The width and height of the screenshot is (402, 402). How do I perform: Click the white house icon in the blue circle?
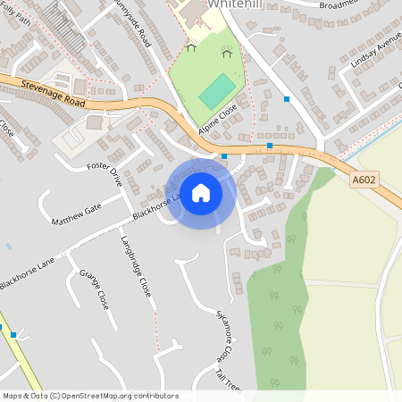tap(201, 192)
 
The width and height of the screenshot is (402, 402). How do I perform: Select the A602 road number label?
tap(362, 180)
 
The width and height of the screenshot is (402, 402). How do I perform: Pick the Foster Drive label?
tap(105, 172)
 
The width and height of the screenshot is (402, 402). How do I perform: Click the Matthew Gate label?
tap(77, 214)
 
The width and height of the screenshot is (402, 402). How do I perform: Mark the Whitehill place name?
tap(234, 4)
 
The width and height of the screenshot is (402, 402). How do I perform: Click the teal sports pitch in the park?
tap(217, 92)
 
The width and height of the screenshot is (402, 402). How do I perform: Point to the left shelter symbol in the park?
tap(190, 47)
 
